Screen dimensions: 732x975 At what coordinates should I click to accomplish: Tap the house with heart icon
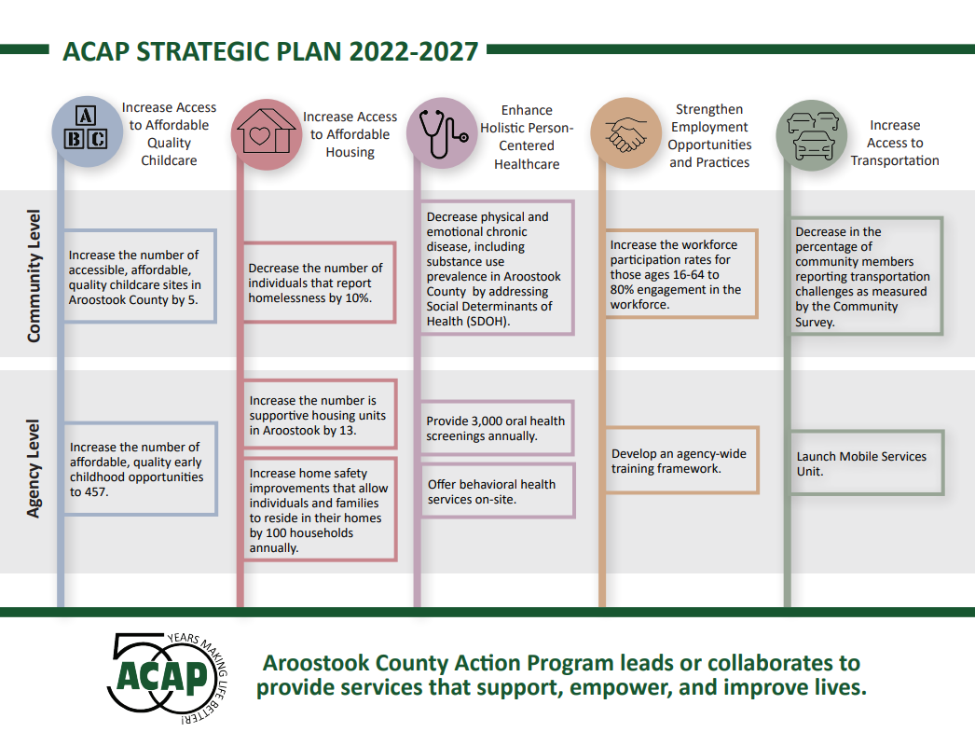[x=265, y=134]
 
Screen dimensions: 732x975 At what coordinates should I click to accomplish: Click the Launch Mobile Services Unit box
[x=867, y=463]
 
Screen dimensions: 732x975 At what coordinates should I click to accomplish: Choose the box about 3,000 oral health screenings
[x=497, y=429]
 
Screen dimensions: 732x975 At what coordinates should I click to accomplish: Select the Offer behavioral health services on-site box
[x=497, y=491]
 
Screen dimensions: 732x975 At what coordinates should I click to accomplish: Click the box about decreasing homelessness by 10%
[x=319, y=283]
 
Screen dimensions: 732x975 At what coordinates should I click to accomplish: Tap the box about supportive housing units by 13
[x=319, y=416]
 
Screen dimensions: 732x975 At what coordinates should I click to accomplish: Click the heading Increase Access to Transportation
[x=894, y=143]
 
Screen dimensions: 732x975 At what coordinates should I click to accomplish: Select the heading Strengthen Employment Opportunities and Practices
[x=709, y=136]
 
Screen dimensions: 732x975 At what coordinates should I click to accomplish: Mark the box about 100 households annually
[x=319, y=510]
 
